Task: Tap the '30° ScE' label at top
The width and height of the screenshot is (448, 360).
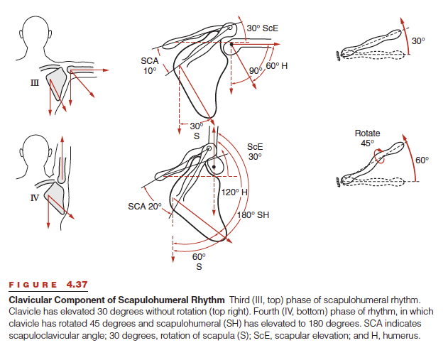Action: click(x=263, y=28)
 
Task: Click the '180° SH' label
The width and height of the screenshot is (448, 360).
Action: click(x=253, y=214)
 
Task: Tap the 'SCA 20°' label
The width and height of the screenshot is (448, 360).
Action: click(x=145, y=206)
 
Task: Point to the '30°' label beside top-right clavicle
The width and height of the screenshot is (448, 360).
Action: click(x=419, y=41)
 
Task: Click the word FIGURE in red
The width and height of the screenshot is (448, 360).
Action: click(x=33, y=285)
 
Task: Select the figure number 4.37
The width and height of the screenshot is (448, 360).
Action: click(x=77, y=285)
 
